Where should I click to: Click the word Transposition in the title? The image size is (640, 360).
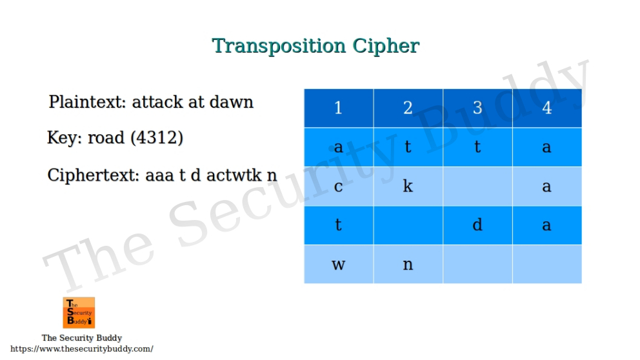[280, 46]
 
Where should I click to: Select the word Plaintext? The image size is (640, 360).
[88, 102]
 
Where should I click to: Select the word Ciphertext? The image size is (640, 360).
[92, 175]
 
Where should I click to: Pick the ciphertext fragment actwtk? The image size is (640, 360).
[233, 175]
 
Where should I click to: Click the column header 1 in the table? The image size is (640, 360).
[338, 108]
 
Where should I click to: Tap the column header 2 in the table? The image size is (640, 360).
[408, 108]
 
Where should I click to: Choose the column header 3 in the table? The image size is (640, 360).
[477, 108]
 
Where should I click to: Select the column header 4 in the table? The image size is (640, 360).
[547, 108]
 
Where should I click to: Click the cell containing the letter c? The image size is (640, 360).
[338, 186]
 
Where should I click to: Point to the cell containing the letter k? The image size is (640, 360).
[408, 186]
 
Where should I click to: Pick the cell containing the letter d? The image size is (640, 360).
[477, 225]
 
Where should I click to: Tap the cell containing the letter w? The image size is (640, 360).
[338, 264]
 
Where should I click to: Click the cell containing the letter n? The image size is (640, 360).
[408, 264]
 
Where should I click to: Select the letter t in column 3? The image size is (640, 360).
[477, 147]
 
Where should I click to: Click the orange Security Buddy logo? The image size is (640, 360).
[79, 313]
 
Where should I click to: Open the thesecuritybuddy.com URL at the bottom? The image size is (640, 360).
[82, 349]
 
